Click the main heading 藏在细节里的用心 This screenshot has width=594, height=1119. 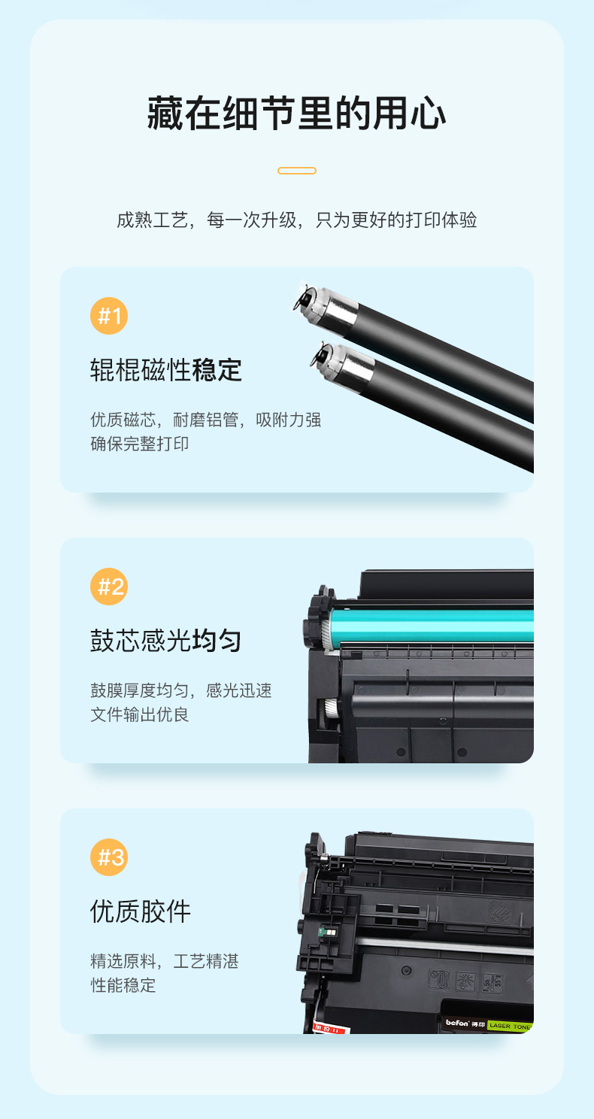pyautogui.click(x=297, y=114)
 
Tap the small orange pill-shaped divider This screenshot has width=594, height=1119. pyautogui.click(x=297, y=171)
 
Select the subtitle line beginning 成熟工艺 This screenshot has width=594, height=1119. pyautogui.click(x=297, y=220)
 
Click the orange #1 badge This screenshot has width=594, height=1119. pyautogui.click(x=109, y=316)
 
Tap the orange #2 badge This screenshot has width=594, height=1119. pyautogui.click(x=109, y=587)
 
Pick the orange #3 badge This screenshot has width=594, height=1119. pyautogui.click(x=109, y=857)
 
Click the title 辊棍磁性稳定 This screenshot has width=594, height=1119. pyautogui.click(x=166, y=370)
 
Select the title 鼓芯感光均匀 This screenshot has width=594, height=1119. pyautogui.click(x=166, y=641)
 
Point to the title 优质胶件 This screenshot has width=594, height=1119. pyautogui.click(x=141, y=911)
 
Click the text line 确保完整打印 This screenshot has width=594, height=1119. pyautogui.click(x=139, y=444)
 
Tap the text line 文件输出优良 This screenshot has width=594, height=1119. pyautogui.click(x=139, y=714)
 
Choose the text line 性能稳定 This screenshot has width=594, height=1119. pyautogui.click(x=123, y=985)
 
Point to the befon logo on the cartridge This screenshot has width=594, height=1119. pyautogui.click(x=457, y=1023)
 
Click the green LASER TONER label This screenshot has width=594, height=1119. pyautogui.click(x=510, y=1026)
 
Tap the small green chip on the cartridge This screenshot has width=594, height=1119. pyautogui.click(x=328, y=933)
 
